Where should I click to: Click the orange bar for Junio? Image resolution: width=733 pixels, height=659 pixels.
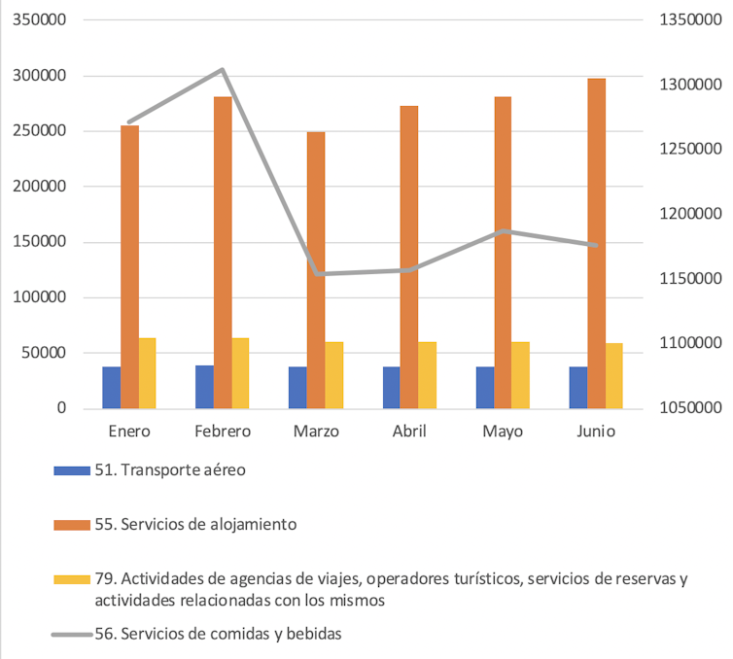pos(596,243)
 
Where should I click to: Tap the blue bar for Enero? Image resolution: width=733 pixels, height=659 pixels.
pos(111,388)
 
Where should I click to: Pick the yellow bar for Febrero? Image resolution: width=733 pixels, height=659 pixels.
pos(240,373)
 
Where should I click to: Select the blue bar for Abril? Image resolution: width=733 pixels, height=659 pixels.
pos(391,388)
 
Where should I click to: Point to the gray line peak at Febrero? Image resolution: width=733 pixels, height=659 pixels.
pos(223,69)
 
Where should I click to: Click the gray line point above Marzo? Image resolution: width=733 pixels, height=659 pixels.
pos(316,274)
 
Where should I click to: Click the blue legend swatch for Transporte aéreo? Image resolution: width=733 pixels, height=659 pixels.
pos(71,470)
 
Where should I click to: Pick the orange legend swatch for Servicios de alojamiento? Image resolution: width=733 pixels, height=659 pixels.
pos(71,525)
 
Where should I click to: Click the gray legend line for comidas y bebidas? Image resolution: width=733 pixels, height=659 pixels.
pos(71,635)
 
